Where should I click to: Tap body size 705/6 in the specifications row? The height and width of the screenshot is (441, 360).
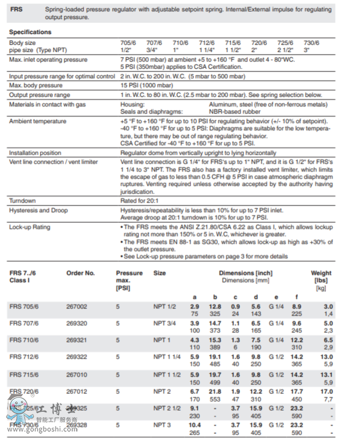coord(129,43)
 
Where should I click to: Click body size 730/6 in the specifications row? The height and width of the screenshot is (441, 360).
coord(312,43)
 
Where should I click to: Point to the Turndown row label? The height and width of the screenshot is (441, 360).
coord(23,200)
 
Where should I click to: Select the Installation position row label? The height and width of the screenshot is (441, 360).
coord(35,153)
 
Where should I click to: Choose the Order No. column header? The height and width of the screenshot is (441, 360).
coord(81,273)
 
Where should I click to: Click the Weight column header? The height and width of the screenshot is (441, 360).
coord(321,273)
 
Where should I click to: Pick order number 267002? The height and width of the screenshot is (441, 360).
coord(76,306)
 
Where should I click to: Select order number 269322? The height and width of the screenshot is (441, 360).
coord(76,357)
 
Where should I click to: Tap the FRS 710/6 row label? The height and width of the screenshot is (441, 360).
coord(24,339)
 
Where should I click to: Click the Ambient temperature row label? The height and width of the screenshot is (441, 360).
coord(38,121)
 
